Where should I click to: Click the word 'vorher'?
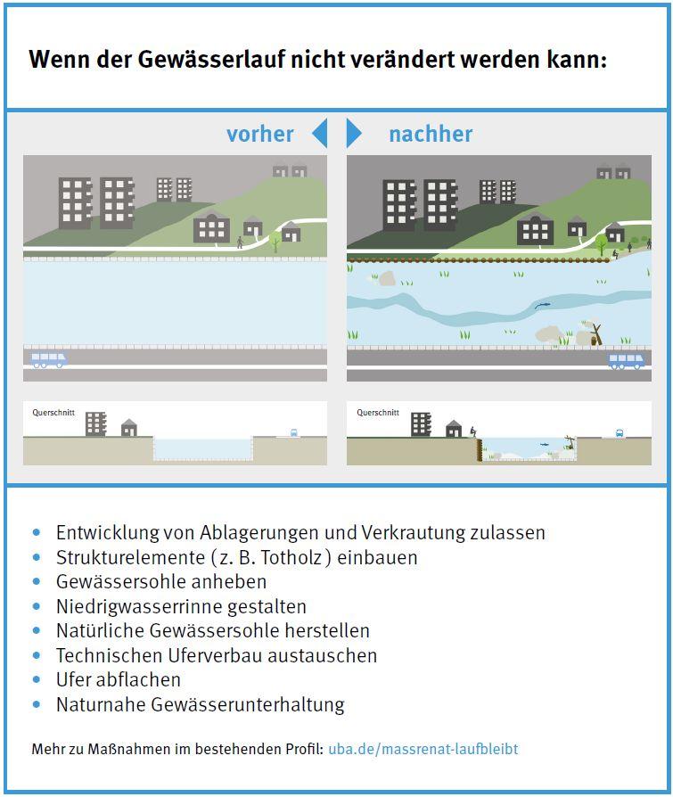coord(259,135)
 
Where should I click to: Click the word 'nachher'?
coord(431,135)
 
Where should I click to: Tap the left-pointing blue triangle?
coord(319,133)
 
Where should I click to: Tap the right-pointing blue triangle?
coord(354,133)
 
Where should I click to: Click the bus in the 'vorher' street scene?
coord(48,360)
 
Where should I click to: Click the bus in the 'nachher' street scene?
coord(627,361)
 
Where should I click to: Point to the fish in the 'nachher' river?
coord(542,305)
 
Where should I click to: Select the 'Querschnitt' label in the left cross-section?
coord(53,413)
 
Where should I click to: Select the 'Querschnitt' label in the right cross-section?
coord(378,413)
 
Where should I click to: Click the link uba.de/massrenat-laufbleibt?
coord(423,749)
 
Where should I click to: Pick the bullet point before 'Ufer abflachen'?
coord(36,679)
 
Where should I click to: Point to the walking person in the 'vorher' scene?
coord(240,242)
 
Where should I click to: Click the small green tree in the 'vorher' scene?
coord(275,241)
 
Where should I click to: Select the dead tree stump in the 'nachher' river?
coord(595,334)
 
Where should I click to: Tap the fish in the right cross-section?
coord(544,445)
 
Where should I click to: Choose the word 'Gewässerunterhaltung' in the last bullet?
coord(248,704)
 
